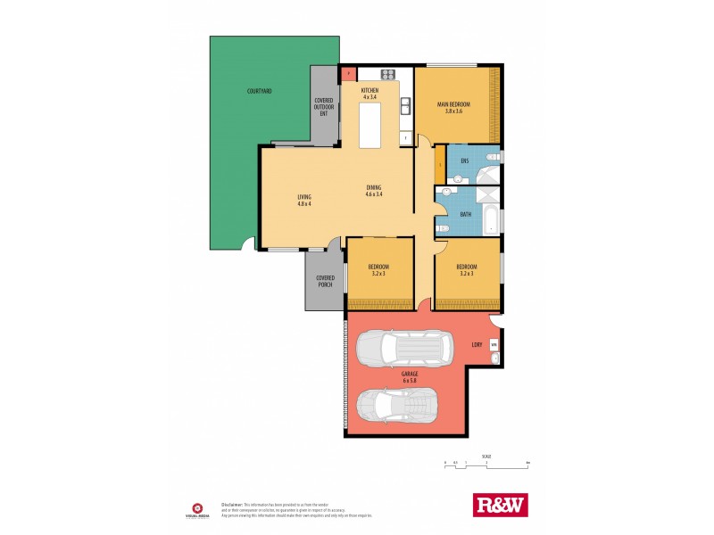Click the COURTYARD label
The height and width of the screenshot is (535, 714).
260,92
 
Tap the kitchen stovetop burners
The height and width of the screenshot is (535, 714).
388,74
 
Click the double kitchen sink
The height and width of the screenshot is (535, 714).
406,106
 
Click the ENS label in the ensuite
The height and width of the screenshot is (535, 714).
464,160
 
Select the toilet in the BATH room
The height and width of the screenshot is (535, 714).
443,228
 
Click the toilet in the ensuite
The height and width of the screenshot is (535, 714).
457,178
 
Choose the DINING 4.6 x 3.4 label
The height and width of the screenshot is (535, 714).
373,191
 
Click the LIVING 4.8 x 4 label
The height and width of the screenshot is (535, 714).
303,201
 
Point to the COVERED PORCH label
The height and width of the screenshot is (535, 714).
325,281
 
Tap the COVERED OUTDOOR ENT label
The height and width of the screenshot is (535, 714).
325,107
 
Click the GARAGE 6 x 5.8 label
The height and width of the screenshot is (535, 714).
410,378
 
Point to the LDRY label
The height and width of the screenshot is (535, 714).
477,343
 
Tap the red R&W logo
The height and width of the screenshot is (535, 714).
499,506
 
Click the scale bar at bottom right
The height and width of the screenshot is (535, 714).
486,464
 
